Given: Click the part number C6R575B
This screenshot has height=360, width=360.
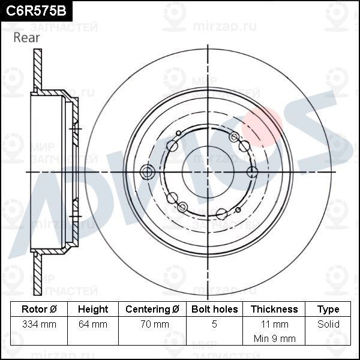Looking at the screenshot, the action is click(x=36, y=11).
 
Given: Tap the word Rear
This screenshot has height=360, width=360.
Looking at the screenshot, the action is click(x=26, y=38).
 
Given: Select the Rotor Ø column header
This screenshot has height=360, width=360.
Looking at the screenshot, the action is click(x=39, y=309).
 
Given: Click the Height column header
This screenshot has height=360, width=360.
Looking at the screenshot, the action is click(x=93, y=309).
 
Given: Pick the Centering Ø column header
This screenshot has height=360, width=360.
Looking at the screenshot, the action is click(x=152, y=309).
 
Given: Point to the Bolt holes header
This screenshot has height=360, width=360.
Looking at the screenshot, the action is click(x=215, y=309).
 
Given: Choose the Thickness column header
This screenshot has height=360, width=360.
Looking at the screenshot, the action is click(x=274, y=309).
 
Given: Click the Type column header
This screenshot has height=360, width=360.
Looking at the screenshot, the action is click(x=328, y=310).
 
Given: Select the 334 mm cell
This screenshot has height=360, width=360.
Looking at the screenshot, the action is click(x=39, y=325).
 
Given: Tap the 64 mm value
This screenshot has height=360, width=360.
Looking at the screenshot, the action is click(x=93, y=325).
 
